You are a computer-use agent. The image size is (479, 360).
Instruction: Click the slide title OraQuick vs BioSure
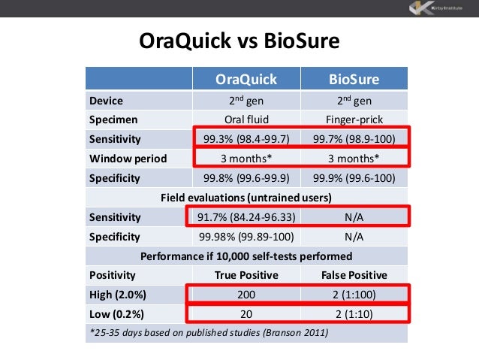240,41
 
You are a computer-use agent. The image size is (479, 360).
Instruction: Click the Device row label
106,100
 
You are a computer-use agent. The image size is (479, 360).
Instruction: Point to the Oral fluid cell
246,119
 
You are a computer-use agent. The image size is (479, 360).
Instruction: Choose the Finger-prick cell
354,119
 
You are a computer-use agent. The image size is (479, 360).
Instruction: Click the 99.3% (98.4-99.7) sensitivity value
246,139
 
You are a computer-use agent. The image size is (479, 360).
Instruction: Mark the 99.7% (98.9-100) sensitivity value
354,139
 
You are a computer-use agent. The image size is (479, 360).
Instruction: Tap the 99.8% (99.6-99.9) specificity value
246,178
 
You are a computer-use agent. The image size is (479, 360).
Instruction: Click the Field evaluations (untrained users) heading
246,198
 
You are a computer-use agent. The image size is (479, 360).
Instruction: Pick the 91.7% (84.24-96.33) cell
246,217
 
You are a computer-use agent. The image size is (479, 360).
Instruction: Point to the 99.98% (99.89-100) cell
246,237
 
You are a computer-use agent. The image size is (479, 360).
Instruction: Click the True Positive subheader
246,274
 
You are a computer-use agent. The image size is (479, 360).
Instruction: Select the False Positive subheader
354,274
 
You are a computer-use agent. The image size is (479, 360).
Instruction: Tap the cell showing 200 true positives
246,294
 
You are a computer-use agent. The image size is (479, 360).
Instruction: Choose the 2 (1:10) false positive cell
354,313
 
